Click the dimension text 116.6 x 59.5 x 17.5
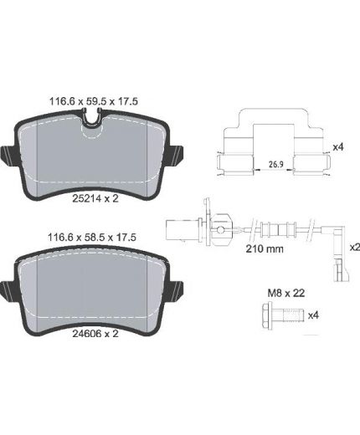pos(94,101)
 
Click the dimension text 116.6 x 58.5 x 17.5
pos(92,238)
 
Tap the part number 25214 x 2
pos(95,198)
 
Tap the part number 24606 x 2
pos(95,334)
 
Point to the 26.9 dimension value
pos(276,164)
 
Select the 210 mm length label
pos(265,248)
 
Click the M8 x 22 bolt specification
pos(286,293)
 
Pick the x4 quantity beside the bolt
pos(313,315)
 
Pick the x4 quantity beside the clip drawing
pos(338,147)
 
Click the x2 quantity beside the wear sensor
pos(355,247)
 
